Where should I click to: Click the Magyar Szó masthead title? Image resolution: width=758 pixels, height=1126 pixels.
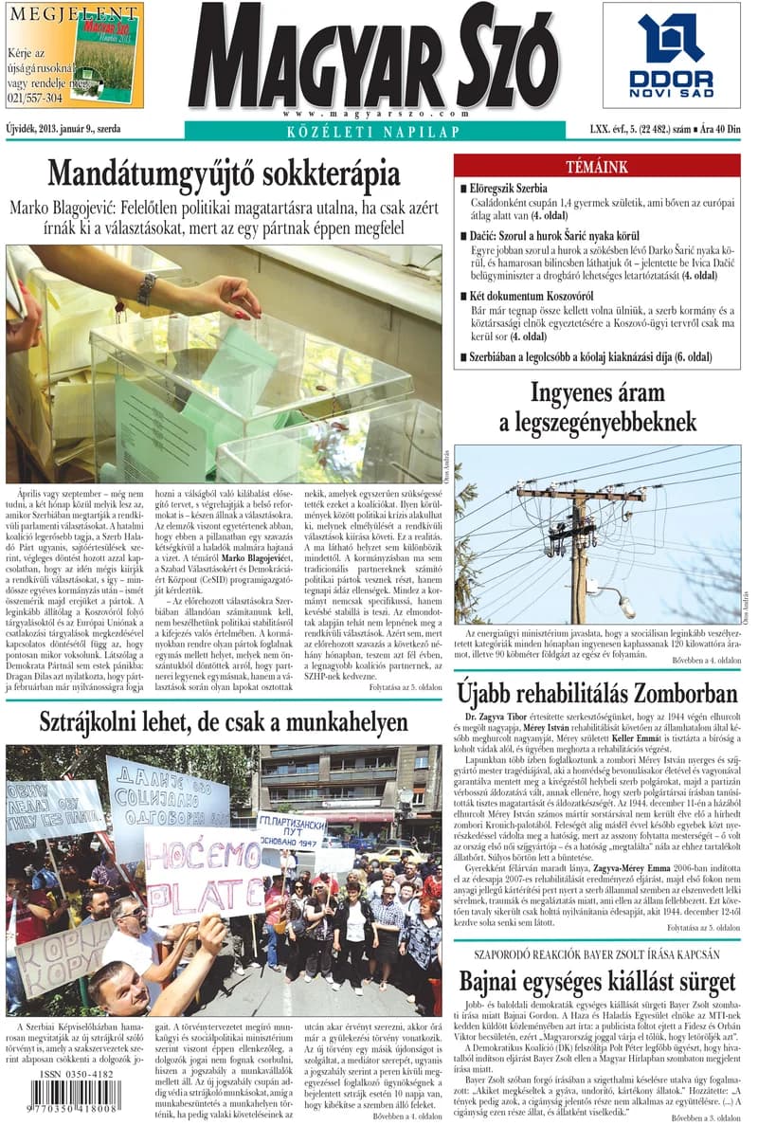[x=372, y=57]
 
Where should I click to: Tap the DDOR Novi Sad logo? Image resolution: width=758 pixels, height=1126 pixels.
[x=671, y=55]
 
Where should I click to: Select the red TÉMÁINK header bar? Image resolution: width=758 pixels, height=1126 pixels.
[x=597, y=167]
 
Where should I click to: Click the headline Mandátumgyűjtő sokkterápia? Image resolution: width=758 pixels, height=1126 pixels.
[x=224, y=174]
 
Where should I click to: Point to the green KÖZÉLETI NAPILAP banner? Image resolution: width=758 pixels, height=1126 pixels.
[x=372, y=131]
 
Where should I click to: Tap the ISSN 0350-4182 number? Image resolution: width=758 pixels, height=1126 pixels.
[x=76, y=1075]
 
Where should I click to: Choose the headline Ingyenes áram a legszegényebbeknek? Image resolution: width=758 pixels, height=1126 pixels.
[x=597, y=406]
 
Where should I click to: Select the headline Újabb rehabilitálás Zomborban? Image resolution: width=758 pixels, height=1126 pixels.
[x=597, y=688]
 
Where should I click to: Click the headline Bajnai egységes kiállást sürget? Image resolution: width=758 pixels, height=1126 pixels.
[x=597, y=980]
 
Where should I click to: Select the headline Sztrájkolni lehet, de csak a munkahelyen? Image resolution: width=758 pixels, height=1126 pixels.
[x=224, y=722]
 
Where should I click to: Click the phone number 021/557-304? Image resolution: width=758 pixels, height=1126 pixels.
[x=35, y=98]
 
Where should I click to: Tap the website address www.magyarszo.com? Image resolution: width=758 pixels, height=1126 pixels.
[x=372, y=113]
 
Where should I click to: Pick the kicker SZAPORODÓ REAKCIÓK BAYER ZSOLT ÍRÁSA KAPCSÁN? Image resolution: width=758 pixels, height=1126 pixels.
[x=597, y=955]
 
